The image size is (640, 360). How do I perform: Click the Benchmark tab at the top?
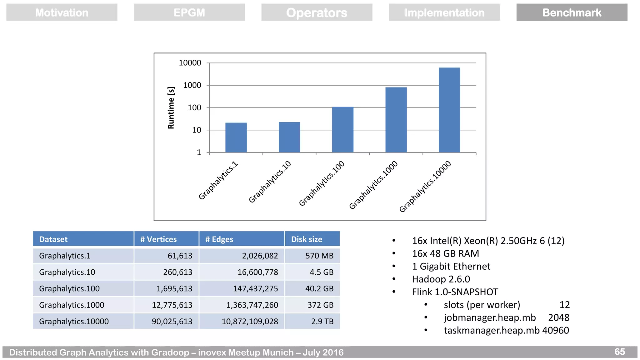tap(572, 12)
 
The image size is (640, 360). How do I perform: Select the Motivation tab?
tap(62, 12)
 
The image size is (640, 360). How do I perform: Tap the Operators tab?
tap(317, 12)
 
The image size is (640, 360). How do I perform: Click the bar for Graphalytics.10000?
tap(449, 110)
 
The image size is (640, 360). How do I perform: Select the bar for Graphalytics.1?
tap(236, 137)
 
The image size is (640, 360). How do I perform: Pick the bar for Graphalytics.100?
tap(342, 130)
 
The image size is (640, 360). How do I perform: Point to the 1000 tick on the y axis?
tap(192, 85)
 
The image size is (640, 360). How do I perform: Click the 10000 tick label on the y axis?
tap(190, 63)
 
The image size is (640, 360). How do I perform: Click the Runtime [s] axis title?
tap(171, 108)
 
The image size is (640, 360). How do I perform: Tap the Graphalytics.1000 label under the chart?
tap(374, 185)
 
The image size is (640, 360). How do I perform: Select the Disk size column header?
tap(307, 239)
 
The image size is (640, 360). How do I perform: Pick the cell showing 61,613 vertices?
tap(180, 256)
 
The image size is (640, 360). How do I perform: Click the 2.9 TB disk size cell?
tap(322, 321)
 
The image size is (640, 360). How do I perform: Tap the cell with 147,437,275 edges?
tap(255, 288)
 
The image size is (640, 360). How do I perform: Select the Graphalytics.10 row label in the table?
tap(67, 272)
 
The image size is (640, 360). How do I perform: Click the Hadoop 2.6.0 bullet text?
tap(441, 279)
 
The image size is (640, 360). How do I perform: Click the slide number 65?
tap(619, 352)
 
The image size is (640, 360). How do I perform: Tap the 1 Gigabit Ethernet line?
tap(451, 266)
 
